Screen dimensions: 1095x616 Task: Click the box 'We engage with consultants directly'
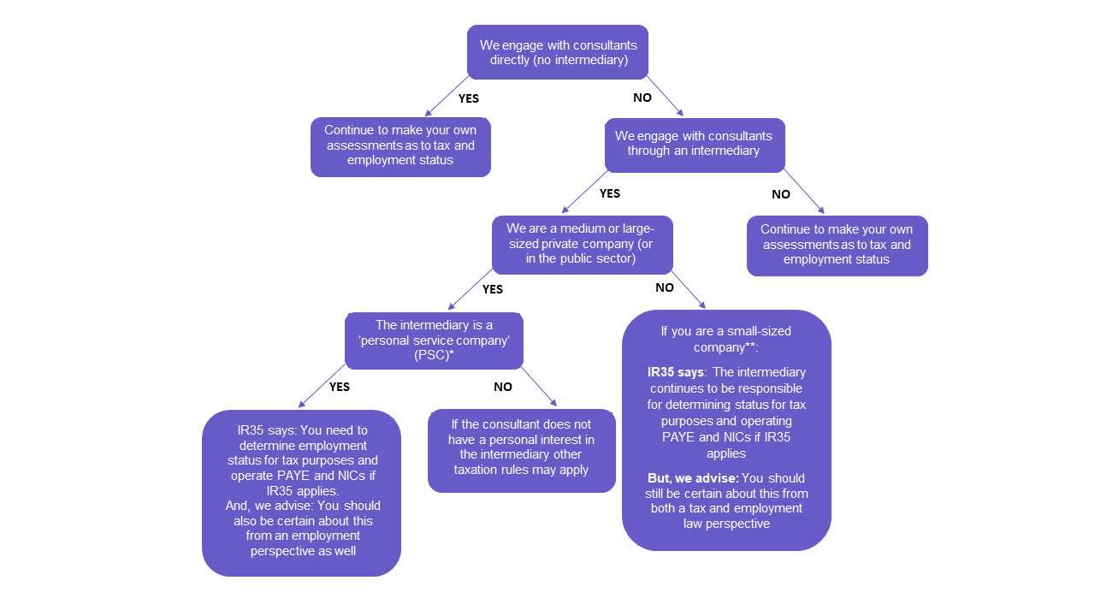tap(558, 52)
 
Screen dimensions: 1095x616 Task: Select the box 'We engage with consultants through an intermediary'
tap(695, 145)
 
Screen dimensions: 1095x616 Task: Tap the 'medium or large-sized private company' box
tap(583, 245)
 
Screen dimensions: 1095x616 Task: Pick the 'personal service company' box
tap(434, 341)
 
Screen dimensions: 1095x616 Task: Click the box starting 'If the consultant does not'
tap(522, 451)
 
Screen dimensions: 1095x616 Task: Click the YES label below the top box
tap(468, 98)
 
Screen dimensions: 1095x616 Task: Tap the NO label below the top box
tap(642, 98)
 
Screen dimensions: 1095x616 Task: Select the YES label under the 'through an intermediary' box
tap(610, 193)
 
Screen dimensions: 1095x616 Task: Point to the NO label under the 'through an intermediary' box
tap(781, 194)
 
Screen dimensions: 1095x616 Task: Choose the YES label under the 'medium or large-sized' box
tap(492, 289)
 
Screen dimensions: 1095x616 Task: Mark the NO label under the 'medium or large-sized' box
tap(665, 287)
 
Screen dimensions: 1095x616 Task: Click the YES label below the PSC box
tap(340, 387)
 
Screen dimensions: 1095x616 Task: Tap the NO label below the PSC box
tap(502, 387)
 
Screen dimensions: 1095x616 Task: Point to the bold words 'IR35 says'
tap(676, 372)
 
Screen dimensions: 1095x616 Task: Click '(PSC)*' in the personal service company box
tap(434, 355)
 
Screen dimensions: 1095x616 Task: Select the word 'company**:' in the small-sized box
tap(726, 347)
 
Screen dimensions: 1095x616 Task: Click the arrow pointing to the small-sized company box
tap(689, 289)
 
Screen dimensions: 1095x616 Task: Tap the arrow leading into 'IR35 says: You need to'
tap(322, 386)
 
